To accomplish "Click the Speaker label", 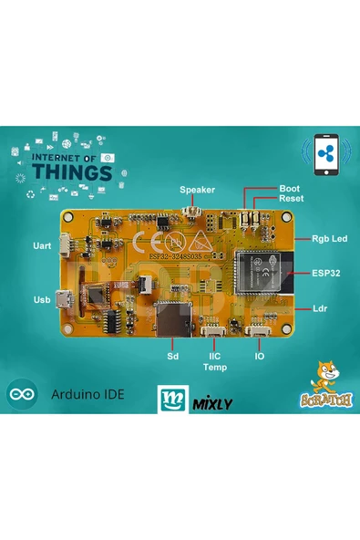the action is coord(197,190).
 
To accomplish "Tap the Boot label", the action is coord(289,188).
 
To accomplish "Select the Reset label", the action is coord(292,198).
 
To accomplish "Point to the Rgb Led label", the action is coord(329,239).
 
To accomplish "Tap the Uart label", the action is coord(40,246).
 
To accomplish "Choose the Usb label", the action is coord(41,299).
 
